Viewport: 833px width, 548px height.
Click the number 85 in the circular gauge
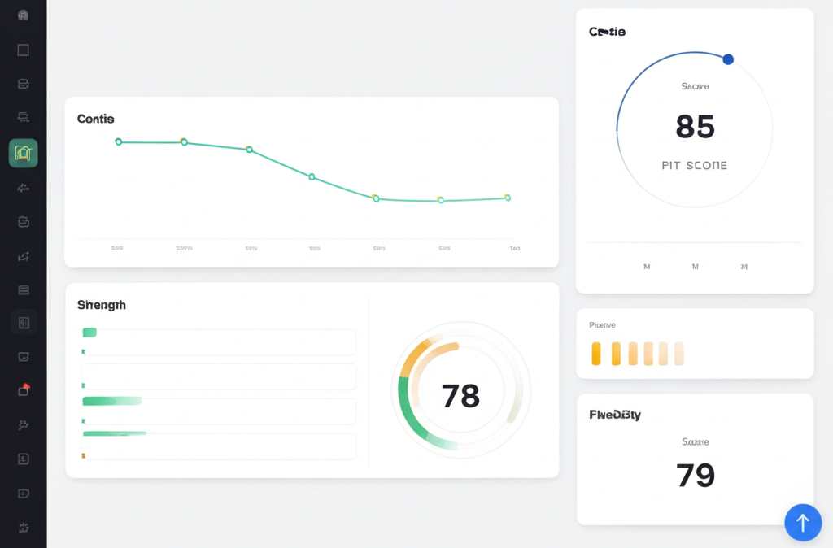(695, 127)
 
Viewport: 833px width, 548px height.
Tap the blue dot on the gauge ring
(728, 59)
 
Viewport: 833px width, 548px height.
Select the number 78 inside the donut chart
(460, 396)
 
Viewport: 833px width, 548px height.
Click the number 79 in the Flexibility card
(695, 474)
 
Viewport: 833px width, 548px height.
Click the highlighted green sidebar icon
(23, 153)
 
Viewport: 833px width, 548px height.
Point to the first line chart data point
(119, 141)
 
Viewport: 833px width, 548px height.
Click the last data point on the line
(508, 198)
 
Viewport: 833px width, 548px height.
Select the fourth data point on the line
(312, 176)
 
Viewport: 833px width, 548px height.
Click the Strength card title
(102, 305)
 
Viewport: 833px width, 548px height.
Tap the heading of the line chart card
(96, 119)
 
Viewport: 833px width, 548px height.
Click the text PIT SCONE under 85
(695, 165)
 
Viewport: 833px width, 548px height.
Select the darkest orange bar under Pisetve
(596, 353)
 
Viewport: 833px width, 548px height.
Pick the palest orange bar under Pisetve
(679, 353)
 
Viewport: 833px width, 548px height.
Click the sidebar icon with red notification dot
(23, 390)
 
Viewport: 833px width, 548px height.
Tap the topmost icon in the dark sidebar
(23, 15)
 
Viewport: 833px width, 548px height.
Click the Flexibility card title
(615, 415)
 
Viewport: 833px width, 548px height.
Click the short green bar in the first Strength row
(89, 332)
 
